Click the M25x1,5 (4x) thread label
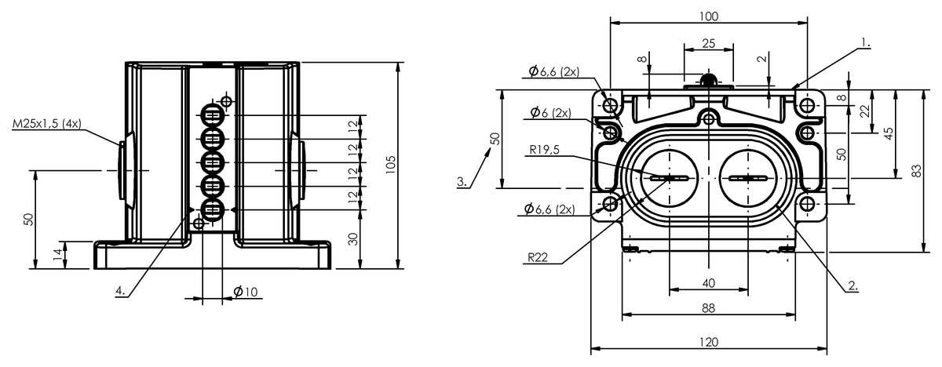click(x=46, y=124)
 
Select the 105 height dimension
click(x=391, y=165)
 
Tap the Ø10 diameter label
click(x=246, y=292)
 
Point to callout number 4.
click(x=120, y=291)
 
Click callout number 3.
click(x=462, y=182)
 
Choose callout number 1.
click(x=865, y=43)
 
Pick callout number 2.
click(x=853, y=285)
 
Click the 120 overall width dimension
click(x=709, y=342)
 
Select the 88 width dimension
click(x=709, y=308)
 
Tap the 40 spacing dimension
click(x=709, y=283)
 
